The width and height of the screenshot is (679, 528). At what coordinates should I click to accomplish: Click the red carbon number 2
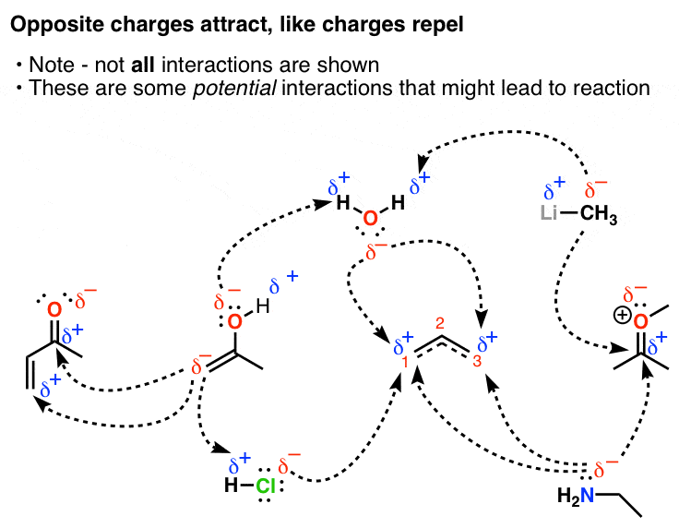point(441,322)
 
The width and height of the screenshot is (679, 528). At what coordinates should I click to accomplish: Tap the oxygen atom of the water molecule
point(370,219)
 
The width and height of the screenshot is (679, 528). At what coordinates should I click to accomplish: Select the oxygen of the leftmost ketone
point(55,306)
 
